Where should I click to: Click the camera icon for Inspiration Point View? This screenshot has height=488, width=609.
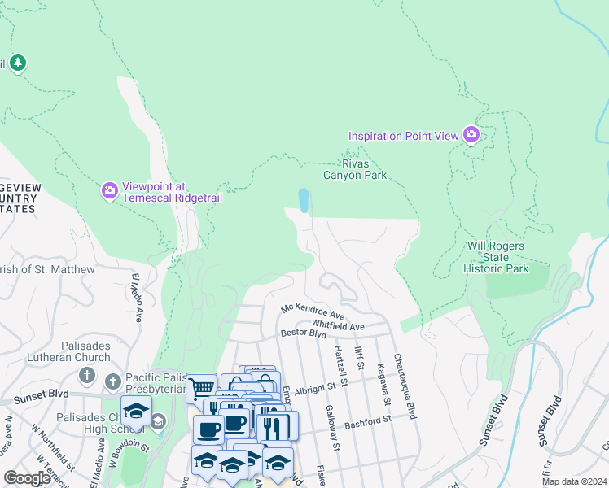(471, 135)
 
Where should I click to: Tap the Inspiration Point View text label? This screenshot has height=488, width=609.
(404, 136)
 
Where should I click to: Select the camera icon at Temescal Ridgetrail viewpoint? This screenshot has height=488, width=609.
(110, 190)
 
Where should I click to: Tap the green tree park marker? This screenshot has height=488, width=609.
(18, 63)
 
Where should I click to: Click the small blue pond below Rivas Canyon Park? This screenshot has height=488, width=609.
(304, 200)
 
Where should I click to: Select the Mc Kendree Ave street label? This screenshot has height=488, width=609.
(313, 312)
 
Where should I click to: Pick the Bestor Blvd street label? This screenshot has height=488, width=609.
(303, 333)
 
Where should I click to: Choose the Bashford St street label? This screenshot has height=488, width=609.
(367, 420)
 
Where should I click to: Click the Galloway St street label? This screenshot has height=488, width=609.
(331, 428)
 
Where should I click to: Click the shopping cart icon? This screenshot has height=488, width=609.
(200, 387)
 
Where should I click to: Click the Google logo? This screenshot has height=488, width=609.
(27, 478)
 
